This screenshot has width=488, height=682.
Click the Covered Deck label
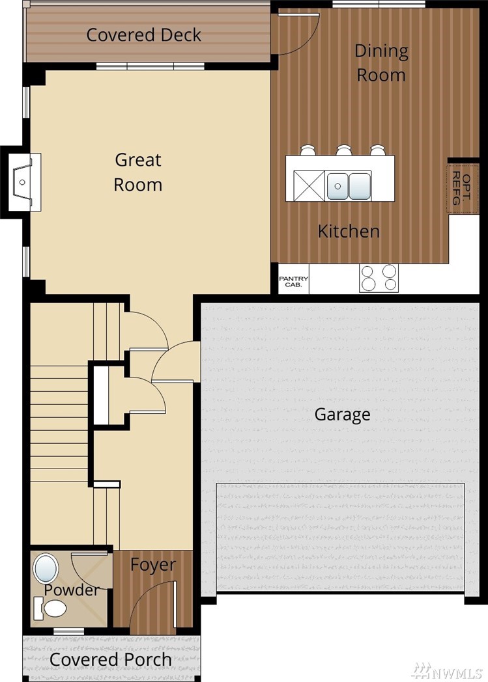click(143, 35)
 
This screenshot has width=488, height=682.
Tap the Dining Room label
click(381, 62)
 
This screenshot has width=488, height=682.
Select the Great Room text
click(138, 172)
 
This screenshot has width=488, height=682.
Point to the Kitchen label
click(349, 231)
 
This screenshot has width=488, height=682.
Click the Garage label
click(342, 415)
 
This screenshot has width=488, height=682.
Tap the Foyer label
click(153, 565)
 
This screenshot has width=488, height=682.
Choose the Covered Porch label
click(111, 659)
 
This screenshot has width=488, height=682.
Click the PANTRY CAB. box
click(293, 279)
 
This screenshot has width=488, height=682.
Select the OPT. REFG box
click(463, 189)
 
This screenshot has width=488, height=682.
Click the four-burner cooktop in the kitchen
click(379, 279)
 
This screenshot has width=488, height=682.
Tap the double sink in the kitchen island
click(349, 186)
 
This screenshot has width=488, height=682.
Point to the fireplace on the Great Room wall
click(24, 182)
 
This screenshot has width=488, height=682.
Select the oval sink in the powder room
click(46, 569)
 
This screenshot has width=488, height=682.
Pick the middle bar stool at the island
click(344, 150)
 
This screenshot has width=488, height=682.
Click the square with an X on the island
click(309, 186)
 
